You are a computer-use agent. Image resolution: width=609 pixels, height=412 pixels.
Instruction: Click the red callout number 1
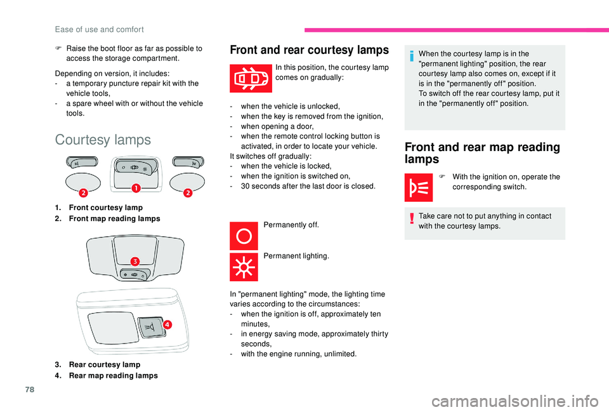click(136, 188)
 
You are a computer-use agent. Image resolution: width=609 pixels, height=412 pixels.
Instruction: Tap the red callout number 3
click(134, 261)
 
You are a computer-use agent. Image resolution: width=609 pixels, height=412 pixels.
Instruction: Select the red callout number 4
click(167, 324)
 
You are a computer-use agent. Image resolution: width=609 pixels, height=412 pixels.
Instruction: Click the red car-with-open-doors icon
click(251, 78)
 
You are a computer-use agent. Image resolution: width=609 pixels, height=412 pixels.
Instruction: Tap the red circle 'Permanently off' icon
click(244, 236)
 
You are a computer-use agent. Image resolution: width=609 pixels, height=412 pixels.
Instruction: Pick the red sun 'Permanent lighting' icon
click(244, 267)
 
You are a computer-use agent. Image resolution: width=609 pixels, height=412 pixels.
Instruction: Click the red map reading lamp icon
click(418, 187)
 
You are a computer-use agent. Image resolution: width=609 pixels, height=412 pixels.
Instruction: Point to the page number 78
click(30, 389)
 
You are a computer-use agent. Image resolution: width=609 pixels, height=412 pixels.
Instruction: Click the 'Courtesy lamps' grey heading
click(103, 140)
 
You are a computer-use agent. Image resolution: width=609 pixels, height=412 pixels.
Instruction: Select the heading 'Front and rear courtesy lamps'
click(309, 50)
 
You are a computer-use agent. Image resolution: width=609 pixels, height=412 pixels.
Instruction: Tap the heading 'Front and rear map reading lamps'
click(482, 153)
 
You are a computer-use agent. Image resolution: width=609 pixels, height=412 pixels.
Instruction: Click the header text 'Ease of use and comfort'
click(100, 30)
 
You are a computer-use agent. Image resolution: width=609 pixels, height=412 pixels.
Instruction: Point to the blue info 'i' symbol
click(412, 56)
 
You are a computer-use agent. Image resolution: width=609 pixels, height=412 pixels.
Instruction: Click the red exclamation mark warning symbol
click(412, 219)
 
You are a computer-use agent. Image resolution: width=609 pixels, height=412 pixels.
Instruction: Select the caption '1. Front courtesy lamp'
click(99, 208)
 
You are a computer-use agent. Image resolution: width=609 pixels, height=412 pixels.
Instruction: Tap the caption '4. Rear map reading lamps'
click(107, 375)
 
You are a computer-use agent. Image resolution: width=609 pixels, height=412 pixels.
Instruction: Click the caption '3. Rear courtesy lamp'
click(98, 364)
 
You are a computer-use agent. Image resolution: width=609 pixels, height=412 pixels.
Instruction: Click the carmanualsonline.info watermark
click(515, 401)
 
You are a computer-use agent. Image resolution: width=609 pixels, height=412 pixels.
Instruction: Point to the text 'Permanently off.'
click(291, 225)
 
